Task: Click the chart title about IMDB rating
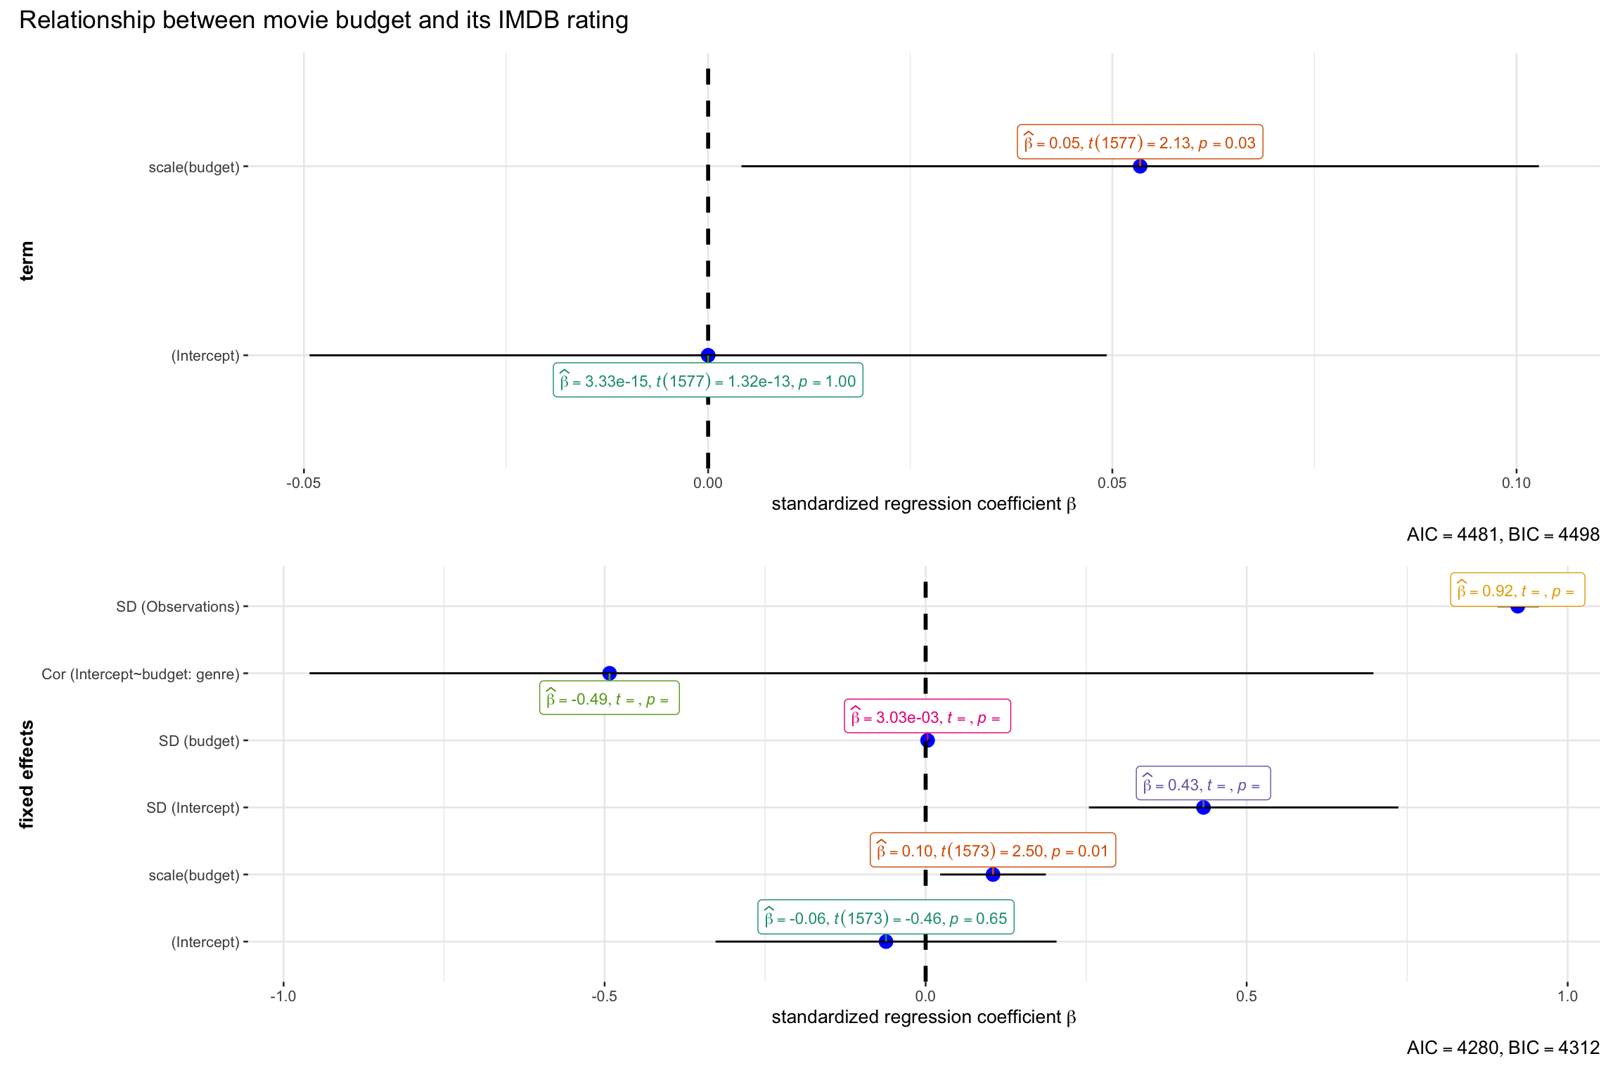323,20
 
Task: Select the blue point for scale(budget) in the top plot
1140,167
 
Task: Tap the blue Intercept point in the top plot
708,355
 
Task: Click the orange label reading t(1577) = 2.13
1139,143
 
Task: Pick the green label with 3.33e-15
707,381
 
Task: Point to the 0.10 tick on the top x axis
1516,483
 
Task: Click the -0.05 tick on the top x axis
304,483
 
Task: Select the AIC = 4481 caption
1503,534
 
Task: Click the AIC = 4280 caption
1503,1048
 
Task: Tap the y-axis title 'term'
27,261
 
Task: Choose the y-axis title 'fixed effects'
27,774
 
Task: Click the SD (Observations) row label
178,607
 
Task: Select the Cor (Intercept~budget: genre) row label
141,674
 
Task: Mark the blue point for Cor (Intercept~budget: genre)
610,673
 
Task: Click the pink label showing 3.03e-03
927,717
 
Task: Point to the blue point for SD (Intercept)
1203,807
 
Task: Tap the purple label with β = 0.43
1202,784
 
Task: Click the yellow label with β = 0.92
1517,591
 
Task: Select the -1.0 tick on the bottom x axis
283,996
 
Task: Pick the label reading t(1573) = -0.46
885,918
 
